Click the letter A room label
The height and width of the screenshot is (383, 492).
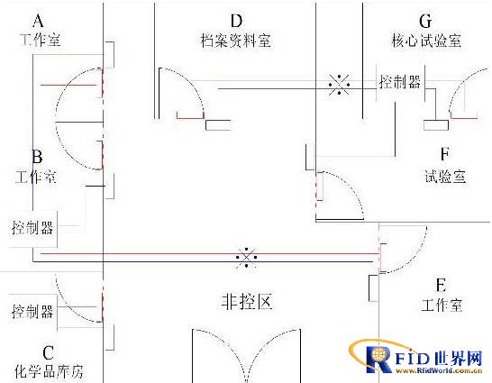point(38,21)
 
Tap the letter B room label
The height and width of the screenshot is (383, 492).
point(37,156)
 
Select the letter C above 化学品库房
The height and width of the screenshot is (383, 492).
point(49,353)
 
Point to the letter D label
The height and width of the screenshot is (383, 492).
point(237,21)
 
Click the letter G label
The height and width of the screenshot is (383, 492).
point(425,21)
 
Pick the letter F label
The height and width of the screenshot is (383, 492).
point(445,154)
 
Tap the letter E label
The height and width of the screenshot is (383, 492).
point(442,285)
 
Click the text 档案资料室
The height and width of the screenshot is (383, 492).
point(236,41)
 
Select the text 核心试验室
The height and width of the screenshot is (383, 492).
point(426,41)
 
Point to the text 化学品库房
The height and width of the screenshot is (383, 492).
point(49,371)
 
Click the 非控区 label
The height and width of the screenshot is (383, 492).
point(247,302)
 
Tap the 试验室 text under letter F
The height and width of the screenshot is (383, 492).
point(445,177)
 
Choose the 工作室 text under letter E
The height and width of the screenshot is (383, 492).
point(442,305)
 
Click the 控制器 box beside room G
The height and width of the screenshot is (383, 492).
point(400,83)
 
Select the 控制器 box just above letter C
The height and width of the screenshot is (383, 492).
point(32,312)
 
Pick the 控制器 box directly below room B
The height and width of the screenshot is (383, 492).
point(32,228)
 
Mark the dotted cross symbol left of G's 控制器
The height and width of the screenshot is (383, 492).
point(339,84)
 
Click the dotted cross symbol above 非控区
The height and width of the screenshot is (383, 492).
point(247,257)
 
